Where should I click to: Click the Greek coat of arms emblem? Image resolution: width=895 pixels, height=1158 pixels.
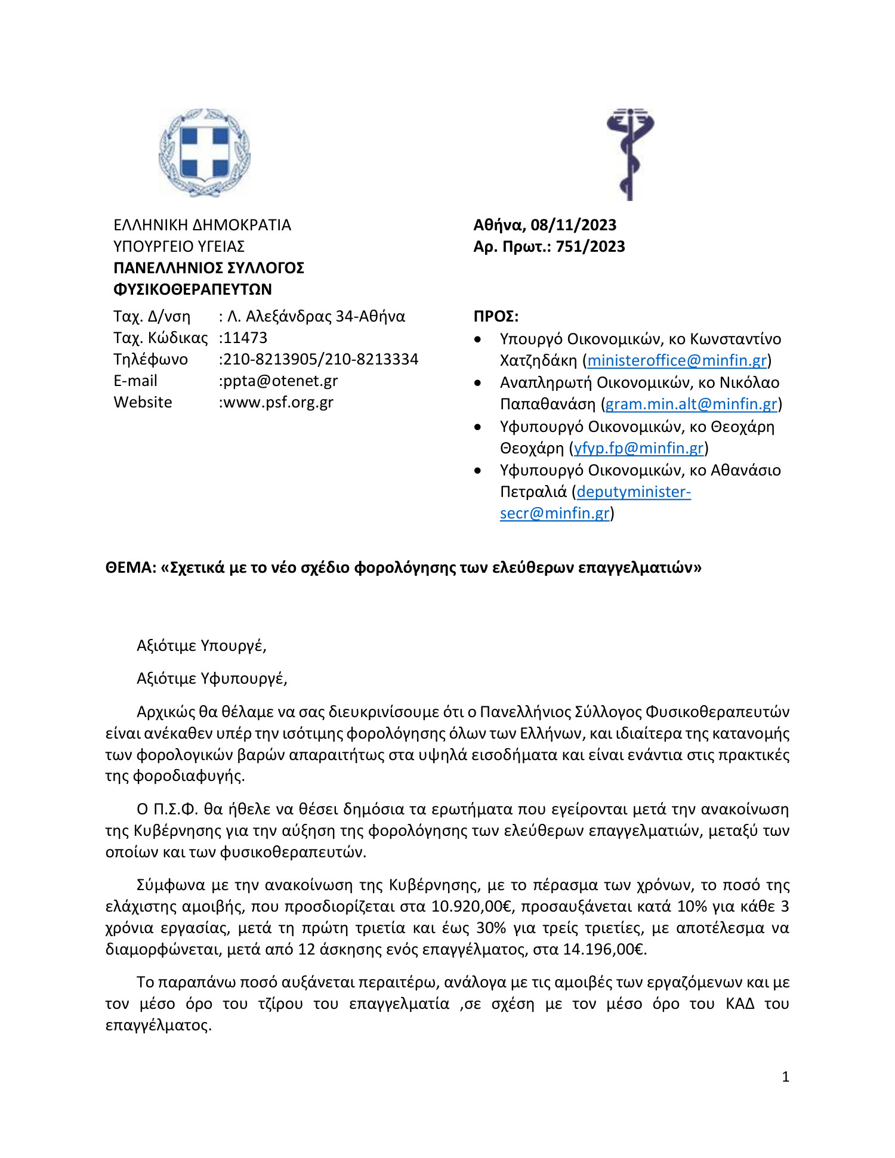click(x=204, y=153)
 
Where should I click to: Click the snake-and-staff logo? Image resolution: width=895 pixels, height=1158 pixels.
click(x=630, y=154)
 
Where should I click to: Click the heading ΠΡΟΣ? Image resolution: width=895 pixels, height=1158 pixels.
click(x=496, y=316)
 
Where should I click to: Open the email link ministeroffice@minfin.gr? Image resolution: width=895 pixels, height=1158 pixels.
click(x=677, y=360)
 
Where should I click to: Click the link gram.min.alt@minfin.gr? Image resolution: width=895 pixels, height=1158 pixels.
click(x=691, y=404)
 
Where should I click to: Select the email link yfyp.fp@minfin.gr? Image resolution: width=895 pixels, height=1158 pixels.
click(x=638, y=448)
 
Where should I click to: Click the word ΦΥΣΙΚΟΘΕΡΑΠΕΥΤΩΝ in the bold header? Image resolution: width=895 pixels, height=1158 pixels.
click(x=193, y=289)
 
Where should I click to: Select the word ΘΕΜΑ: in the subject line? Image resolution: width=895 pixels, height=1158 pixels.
click(x=131, y=567)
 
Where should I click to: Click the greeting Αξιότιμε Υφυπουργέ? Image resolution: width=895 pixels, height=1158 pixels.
click(x=212, y=678)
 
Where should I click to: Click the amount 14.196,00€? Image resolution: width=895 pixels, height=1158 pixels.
click(x=605, y=949)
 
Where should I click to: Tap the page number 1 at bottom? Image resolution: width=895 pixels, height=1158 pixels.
click(x=785, y=1077)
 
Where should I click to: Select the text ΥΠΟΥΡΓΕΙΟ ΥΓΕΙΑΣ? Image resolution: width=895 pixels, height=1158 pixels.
click(x=179, y=246)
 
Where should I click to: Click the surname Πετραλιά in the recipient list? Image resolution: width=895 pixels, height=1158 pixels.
click(x=533, y=492)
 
